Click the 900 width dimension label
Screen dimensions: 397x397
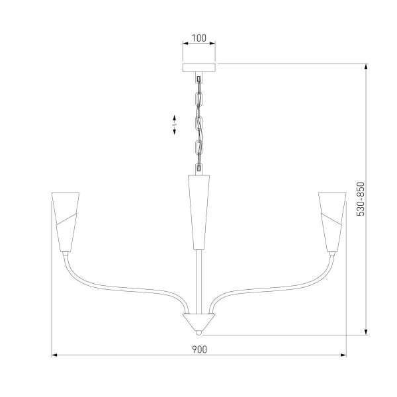pos(198,349)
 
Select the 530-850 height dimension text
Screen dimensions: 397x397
pos(361,198)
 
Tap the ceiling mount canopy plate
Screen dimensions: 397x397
pos(198,67)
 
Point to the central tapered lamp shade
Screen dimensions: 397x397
pos(198,208)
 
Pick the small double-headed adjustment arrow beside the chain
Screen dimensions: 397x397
pos(174,125)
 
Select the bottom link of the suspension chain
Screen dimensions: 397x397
pos(198,165)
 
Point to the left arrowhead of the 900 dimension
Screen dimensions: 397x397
pos(54,355)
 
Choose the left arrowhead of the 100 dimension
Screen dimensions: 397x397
pos(185,44)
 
